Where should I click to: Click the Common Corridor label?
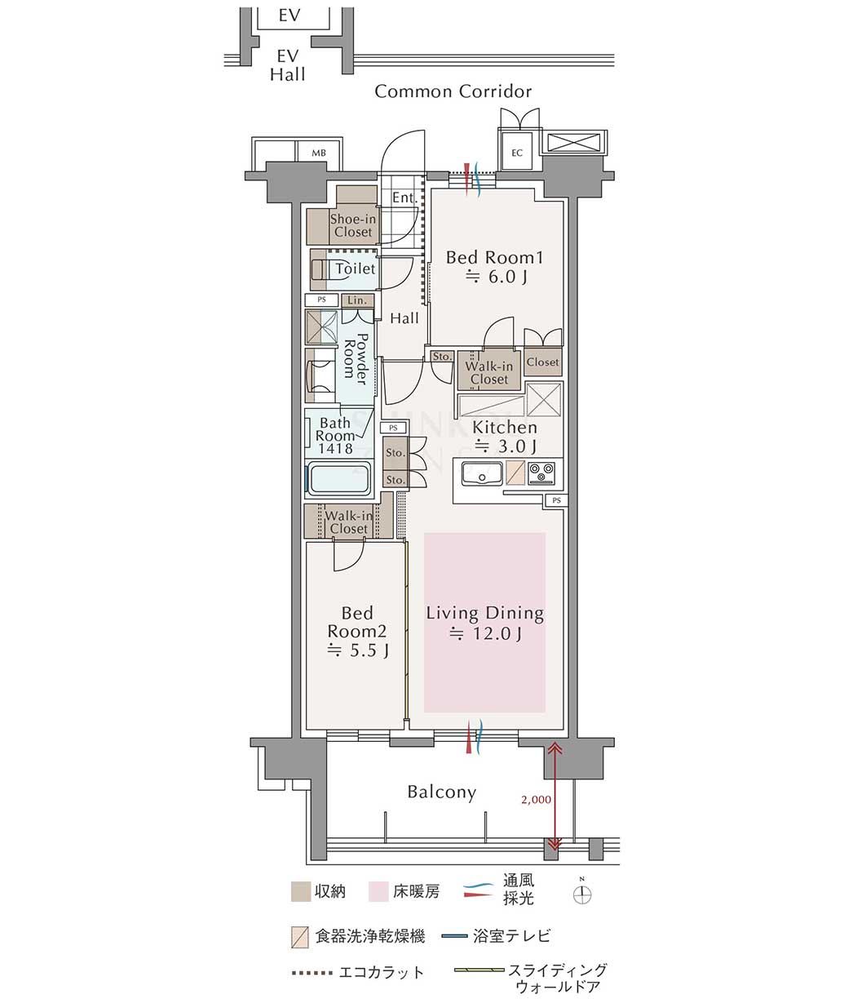pos(453,91)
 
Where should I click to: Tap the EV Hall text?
pos(288,65)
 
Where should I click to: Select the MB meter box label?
pos(319,153)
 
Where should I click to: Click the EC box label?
pos(517,153)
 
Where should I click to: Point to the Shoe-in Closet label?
pos(353,225)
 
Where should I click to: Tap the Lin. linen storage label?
pos(357,300)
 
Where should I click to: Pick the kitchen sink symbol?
pos(482,473)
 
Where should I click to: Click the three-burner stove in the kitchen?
pos(541,473)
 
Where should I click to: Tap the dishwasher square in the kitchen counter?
pos(515,473)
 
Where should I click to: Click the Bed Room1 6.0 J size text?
pos(497,277)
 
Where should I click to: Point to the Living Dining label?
pos(484,613)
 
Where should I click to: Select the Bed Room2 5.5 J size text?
pos(357,650)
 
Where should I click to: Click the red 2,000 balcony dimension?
pos(536,799)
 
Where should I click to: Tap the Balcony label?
pos(442,792)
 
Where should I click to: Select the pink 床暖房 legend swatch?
pos(378,891)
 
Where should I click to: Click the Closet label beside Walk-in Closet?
pos(543,362)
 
